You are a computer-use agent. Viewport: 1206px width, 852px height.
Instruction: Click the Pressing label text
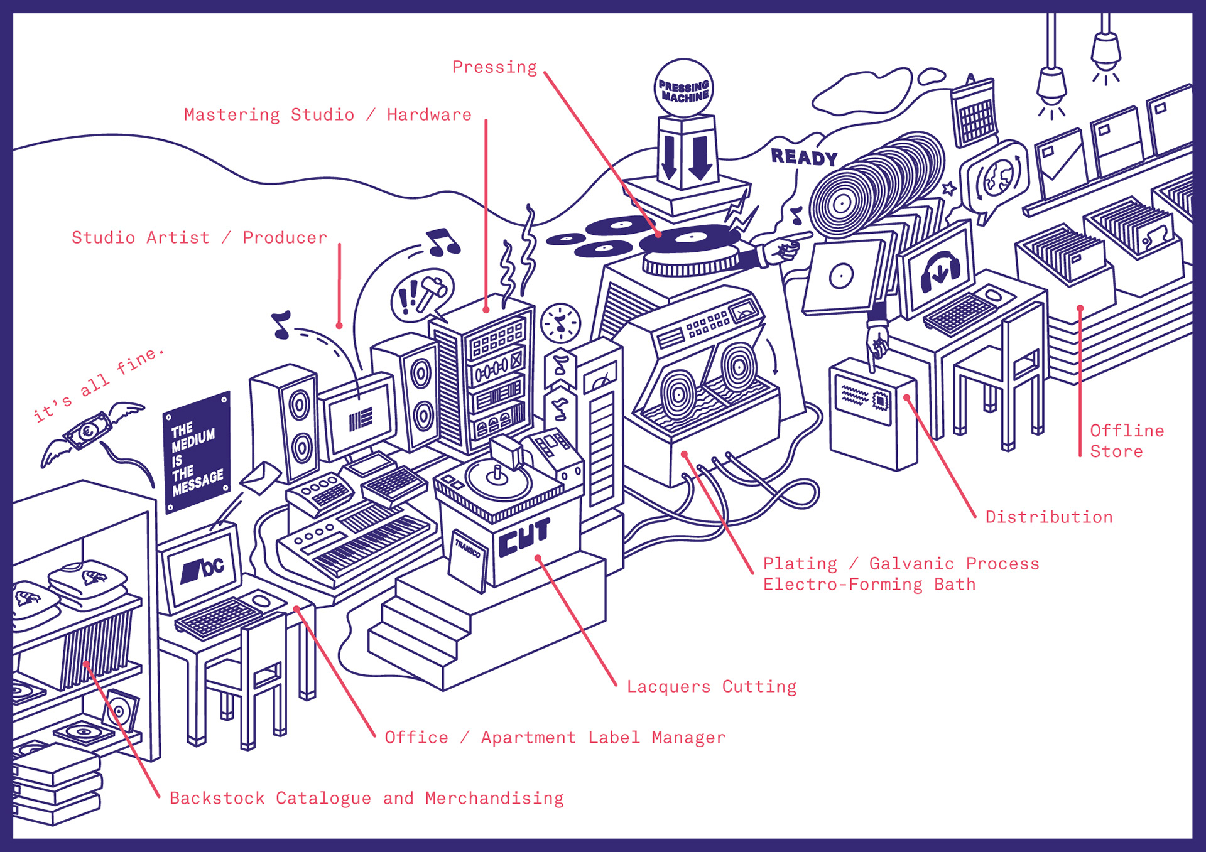coord(494,67)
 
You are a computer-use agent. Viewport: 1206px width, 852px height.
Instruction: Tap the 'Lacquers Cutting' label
coord(711,687)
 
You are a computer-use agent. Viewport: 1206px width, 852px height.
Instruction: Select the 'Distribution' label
coord(1048,517)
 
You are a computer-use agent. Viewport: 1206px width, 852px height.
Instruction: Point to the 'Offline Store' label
coord(1126,441)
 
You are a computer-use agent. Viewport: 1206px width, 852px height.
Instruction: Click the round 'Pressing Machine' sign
coord(684,89)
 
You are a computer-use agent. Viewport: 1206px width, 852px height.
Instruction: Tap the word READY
coord(804,157)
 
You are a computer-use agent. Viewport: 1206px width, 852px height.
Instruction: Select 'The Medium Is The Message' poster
coord(197,452)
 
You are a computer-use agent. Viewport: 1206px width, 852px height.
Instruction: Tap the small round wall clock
coord(560,323)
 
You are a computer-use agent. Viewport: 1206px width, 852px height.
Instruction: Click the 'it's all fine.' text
coord(99,384)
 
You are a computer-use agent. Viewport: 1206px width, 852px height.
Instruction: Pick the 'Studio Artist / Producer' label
coord(199,238)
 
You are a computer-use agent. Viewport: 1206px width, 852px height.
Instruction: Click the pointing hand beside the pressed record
coord(782,250)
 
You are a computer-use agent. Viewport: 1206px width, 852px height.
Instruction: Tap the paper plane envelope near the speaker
coord(261,478)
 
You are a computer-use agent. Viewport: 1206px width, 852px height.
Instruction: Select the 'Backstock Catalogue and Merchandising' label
coord(366,799)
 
